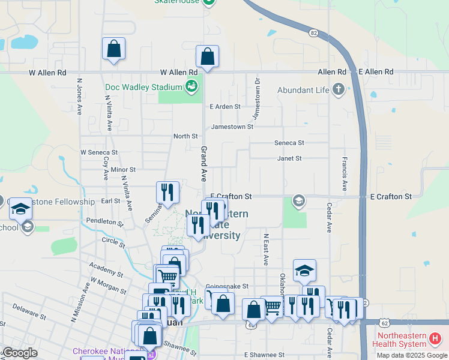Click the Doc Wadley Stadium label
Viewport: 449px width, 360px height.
[143, 88]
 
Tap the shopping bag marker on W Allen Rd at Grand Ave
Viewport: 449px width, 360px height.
[207, 58]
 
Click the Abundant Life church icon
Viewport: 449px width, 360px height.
[339, 90]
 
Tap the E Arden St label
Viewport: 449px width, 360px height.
[224, 107]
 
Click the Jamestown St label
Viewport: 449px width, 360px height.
[232, 127]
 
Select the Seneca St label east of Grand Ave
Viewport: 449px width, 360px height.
[289, 143]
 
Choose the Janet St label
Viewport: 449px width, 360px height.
[289, 158]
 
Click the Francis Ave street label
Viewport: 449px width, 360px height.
[345, 175]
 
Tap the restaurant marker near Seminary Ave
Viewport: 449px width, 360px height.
[167, 193]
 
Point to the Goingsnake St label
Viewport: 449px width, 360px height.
[226, 287]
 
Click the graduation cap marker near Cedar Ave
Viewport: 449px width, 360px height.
[304, 271]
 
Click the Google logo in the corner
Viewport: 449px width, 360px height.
[20, 352]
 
